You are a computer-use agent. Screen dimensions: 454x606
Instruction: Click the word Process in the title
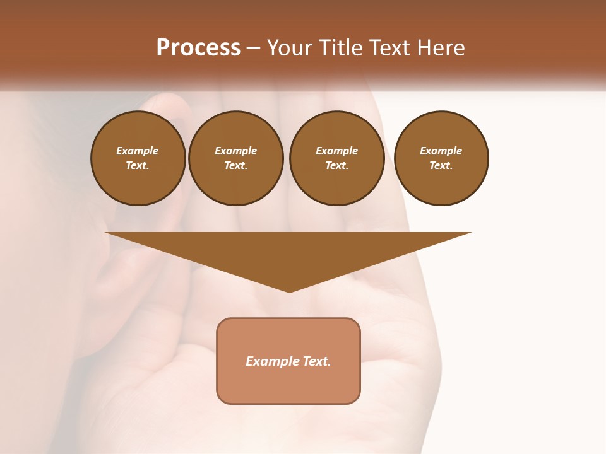tap(198, 48)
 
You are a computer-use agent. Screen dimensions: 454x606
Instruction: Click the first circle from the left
tap(138, 158)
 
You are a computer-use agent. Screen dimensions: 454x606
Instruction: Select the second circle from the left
tap(236, 158)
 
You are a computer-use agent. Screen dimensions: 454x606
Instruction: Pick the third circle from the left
tap(337, 158)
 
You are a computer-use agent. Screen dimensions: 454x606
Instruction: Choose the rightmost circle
tap(441, 158)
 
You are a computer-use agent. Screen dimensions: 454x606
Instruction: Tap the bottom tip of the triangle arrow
tap(289, 291)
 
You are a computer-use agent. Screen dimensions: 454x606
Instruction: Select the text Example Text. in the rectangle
tap(288, 361)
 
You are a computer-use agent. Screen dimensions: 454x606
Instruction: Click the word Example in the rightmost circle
tap(441, 151)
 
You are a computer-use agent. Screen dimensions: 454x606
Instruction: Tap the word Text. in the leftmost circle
tap(138, 166)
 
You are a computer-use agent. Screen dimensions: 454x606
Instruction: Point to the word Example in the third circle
tap(337, 151)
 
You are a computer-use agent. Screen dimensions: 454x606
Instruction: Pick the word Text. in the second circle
tap(236, 166)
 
